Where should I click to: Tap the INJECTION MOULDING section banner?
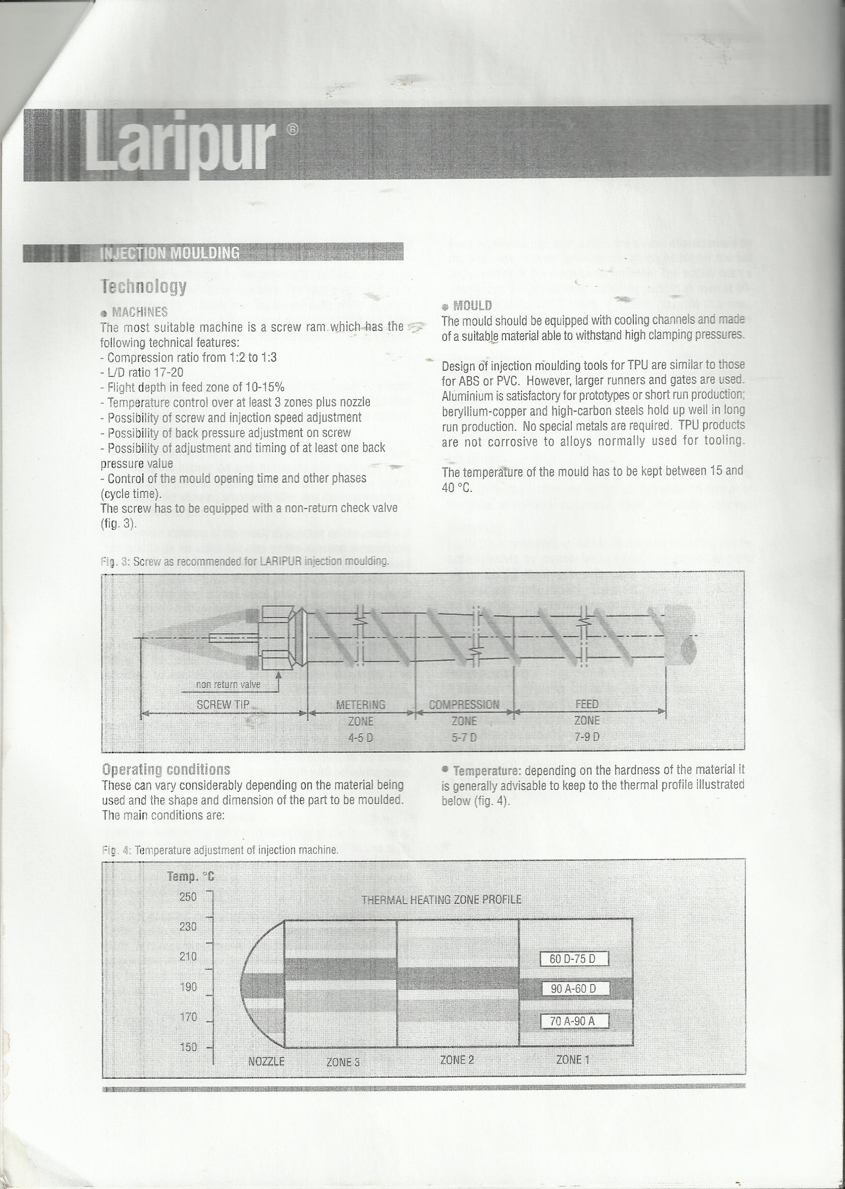(x=169, y=253)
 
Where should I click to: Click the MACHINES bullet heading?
(x=139, y=312)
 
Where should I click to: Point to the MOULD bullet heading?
(x=472, y=305)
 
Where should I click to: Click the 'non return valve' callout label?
(x=228, y=685)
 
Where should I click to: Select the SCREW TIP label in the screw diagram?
(x=223, y=705)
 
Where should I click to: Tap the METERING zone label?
(x=361, y=705)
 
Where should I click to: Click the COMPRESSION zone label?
(x=463, y=705)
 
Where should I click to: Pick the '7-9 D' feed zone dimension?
(x=587, y=737)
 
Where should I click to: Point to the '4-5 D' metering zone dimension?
(x=361, y=737)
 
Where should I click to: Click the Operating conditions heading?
(x=166, y=769)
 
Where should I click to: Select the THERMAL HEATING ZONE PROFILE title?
(x=441, y=900)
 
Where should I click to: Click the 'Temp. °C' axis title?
(x=190, y=877)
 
